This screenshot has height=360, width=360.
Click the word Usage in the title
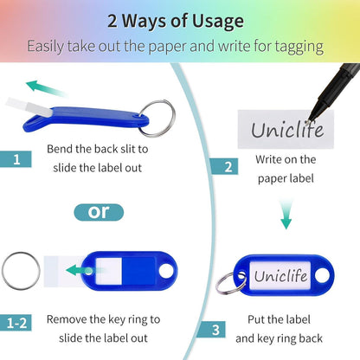[218, 22]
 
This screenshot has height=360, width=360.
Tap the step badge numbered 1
[16, 159]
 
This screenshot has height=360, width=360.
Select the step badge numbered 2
[224, 166]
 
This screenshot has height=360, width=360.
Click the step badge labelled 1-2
[16, 323]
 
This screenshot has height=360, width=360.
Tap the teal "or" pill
[99, 212]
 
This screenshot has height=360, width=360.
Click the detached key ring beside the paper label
[21, 270]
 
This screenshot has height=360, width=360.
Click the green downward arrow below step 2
[286, 214]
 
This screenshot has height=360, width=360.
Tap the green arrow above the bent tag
[47, 89]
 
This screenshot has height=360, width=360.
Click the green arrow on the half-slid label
[85, 271]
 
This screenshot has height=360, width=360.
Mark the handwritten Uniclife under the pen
[287, 130]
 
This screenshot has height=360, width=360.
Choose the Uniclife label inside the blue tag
[280, 275]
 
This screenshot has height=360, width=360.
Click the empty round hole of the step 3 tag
[322, 275]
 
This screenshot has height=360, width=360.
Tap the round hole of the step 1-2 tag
[167, 271]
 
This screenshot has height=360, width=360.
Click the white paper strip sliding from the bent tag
[29, 106]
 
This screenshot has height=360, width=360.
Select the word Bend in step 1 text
[60, 149]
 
